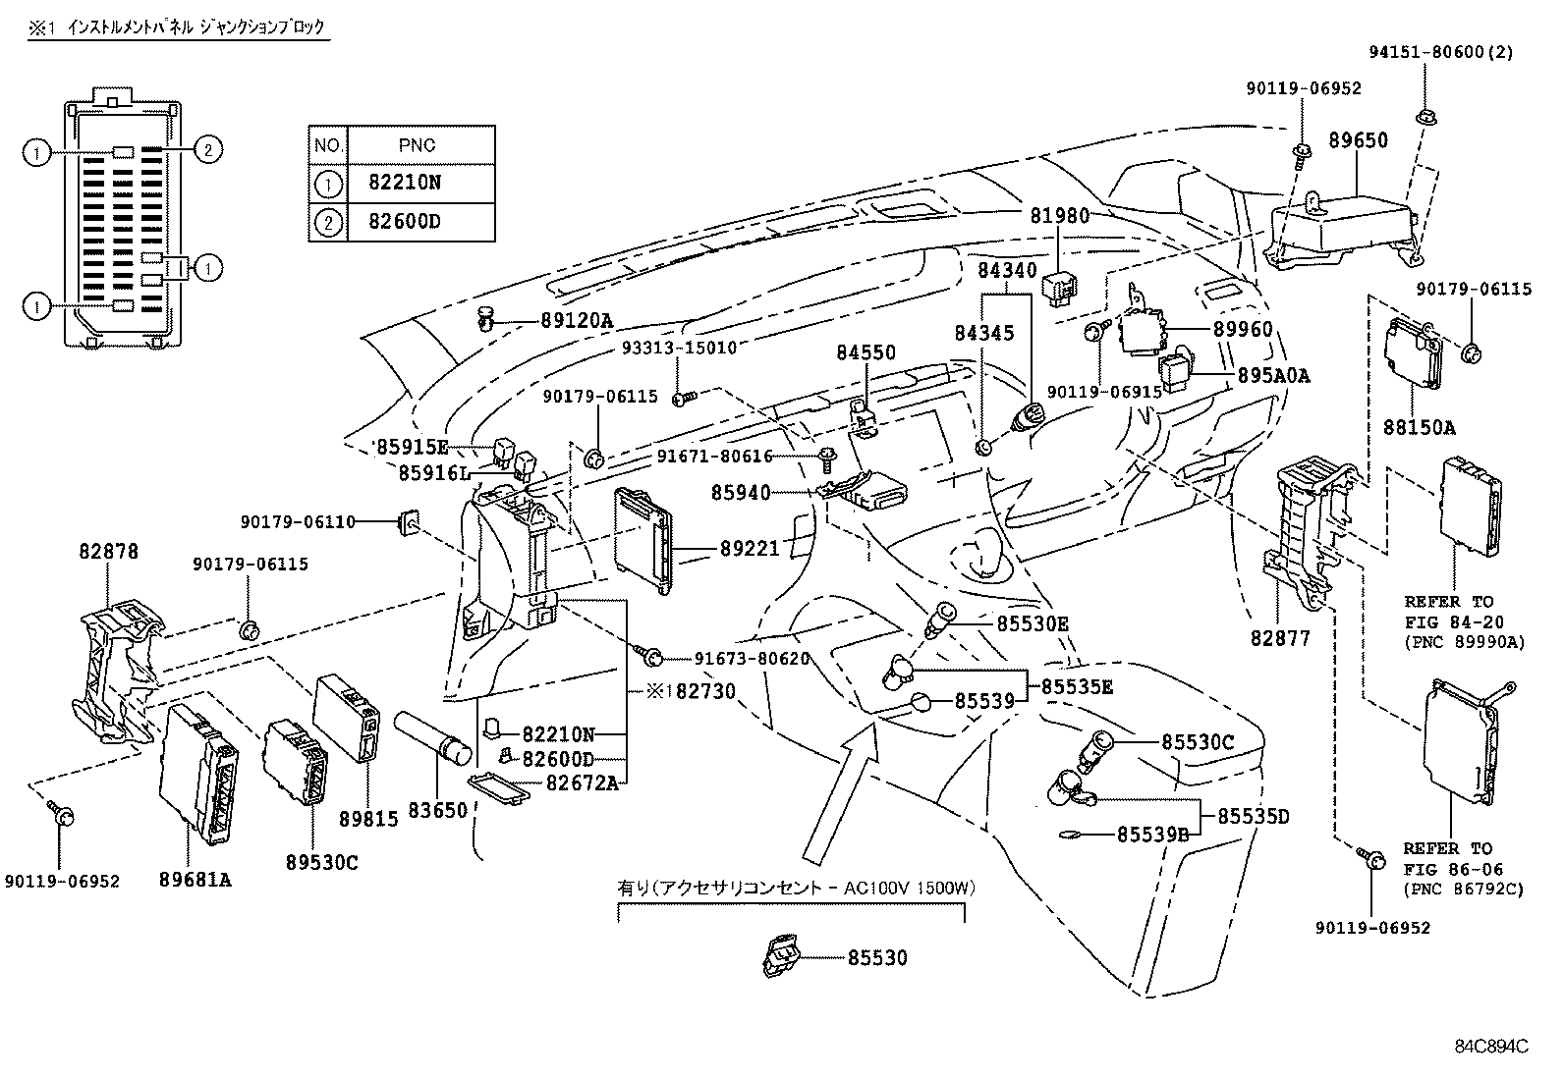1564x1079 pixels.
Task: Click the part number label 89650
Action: click(1358, 140)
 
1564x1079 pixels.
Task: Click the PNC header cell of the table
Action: click(419, 145)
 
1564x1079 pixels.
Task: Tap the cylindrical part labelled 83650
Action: click(435, 741)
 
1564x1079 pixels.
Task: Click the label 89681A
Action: click(195, 880)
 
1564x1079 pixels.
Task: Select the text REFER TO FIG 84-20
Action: click(1447, 613)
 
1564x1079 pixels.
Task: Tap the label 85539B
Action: click(1152, 835)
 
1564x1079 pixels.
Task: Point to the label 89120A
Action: click(576, 320)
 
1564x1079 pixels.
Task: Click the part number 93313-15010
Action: click(678, 348)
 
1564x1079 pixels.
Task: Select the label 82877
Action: click(1280, 639)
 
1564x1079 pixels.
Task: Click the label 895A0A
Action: click(1272, 375)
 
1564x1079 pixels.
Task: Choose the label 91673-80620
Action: click(752, 659)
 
